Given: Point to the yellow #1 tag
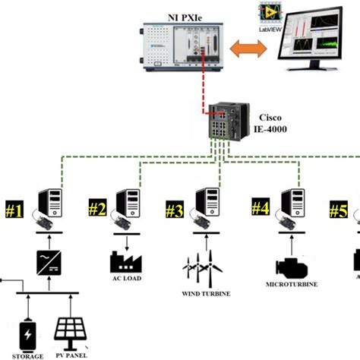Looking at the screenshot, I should [16, 210].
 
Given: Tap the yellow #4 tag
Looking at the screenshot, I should [261, 207].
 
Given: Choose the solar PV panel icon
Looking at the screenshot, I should [74, 328].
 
